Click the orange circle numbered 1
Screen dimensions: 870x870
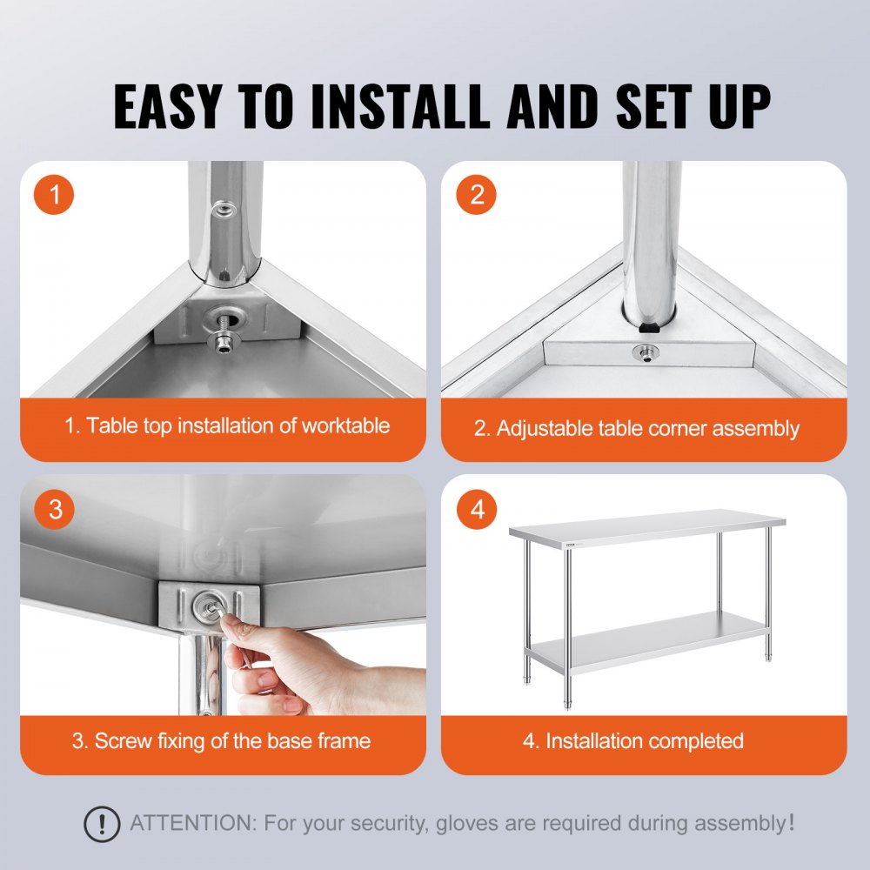(x=55, y=195)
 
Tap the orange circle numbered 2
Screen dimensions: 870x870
(x=477, y=195)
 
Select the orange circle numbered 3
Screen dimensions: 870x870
(x=55, y=509)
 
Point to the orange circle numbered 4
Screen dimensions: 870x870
(x=477, y=509)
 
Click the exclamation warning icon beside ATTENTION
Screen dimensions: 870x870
(x=102, y=823)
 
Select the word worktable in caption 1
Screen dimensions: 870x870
(x=345, y=426)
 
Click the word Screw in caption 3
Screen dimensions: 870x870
(x=123, y=741)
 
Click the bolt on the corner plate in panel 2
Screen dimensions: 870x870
(x=646, y=352)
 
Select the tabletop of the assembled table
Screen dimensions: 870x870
(x=648, y=526)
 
